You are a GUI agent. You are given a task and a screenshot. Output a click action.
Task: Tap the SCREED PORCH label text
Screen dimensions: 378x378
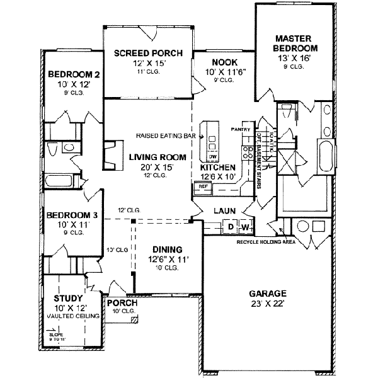148,54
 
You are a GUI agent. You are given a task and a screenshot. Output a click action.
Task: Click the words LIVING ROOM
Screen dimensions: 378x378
148,157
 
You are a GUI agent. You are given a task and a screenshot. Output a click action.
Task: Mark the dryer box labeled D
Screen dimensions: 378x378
231,226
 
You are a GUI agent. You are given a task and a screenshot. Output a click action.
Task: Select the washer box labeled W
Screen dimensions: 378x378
244,226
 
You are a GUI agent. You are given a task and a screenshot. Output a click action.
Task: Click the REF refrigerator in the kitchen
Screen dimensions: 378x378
203,186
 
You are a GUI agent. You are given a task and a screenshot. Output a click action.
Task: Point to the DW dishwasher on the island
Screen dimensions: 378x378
212,156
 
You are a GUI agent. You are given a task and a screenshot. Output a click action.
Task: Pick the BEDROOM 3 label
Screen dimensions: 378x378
71,215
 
